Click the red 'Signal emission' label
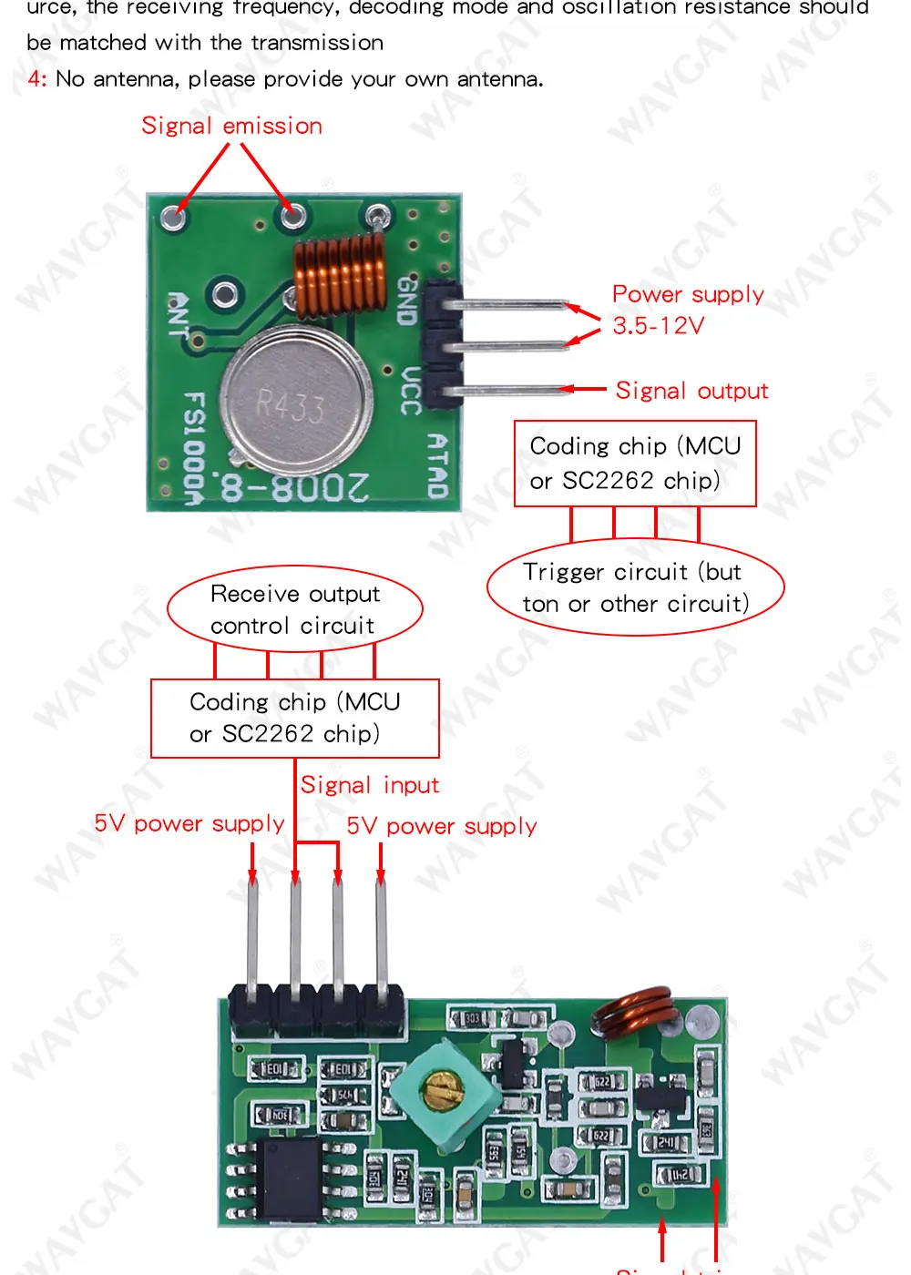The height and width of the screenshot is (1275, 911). pos(231,126)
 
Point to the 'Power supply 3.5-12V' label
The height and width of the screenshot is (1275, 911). pos(687,310)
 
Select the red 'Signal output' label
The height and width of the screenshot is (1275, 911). pos(691,391)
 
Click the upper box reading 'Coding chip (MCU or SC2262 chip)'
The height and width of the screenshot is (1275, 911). pos(635,463)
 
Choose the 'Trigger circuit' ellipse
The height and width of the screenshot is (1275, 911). pos(635,587)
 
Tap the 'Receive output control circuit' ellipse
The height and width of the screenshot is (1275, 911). pos(294,609)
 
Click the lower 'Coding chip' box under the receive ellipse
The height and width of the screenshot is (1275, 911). pos(294,718)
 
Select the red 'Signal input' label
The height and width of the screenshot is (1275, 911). pos(370,785)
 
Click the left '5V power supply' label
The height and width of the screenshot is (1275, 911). pos(189,823)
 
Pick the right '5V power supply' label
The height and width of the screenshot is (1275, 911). pos(442,826)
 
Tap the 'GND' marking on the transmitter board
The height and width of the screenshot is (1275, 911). pos(407,301)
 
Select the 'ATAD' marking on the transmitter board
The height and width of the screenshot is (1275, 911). pos(438,465)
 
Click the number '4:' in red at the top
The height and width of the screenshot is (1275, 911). pos(36,79)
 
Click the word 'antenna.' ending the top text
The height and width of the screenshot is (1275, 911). pos(500,79)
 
